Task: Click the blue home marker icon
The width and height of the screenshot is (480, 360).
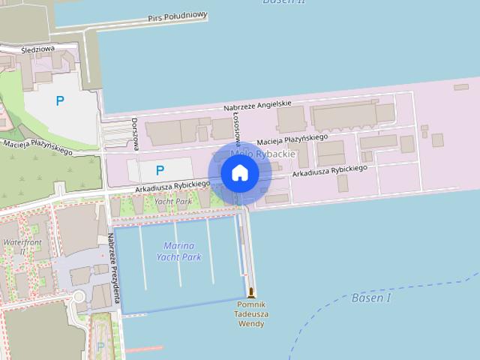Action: click(x=240, y=173)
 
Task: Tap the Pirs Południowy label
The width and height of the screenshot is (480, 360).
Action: click(x=177, y=16)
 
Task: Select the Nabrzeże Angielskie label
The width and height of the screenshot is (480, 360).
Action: click(x=257, y=106)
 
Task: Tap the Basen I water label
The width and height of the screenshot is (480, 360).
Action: click(x=371, y=298)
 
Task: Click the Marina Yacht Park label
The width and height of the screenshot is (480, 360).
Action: click(x=178, y=251)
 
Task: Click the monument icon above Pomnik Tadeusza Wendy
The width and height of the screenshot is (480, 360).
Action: click(x=250, y=292)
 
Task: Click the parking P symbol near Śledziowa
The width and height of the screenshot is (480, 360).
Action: click(x=60, y=100)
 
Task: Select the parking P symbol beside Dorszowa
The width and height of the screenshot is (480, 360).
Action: click(x=159, y=171)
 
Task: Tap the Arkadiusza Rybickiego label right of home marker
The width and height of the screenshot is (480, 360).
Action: click(x=330, y=171)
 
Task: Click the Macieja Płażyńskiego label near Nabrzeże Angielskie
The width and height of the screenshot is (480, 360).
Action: click(x=292, y=139)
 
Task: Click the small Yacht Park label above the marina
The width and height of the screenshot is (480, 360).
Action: click(x=173, y=201)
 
